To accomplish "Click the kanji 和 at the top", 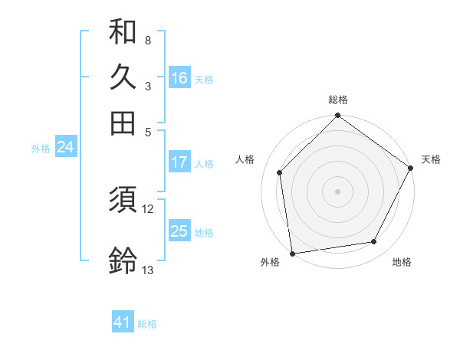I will click(123, 32).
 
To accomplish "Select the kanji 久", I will click(123, 77).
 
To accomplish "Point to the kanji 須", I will click(123, 201).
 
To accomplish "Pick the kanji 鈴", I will click(123, 261).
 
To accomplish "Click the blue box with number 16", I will click(179, 77).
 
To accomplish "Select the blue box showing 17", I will click(179, 162).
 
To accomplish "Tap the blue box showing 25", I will click(179, 231).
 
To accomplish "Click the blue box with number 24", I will click(65, 148).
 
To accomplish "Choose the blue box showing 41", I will click(123, 322).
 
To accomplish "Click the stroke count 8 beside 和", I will click(147, 40).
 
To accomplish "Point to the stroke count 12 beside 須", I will click(148, 208).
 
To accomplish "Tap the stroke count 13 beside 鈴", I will click(148, 270).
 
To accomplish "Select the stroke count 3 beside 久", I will click(147, 85).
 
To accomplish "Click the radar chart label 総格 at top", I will click(337, 100).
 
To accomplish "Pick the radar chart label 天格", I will click(431, 159).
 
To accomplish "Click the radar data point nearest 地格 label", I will click(374, 242).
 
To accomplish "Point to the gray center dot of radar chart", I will click(337, 191).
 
